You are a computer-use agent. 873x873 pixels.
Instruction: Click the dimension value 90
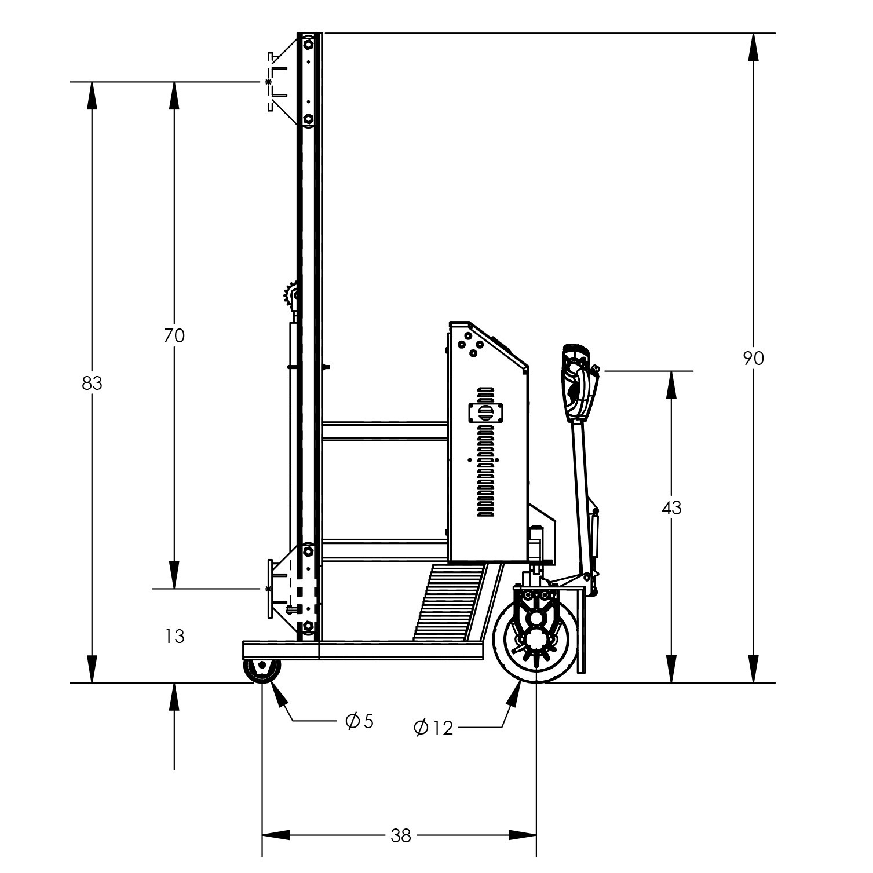[x=754, y=359]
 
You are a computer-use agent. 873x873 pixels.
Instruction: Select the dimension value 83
[x=92, y=383]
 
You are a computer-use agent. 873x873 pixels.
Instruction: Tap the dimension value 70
[x=174, y=335]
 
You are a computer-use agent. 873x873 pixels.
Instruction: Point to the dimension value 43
[x=671, y=507]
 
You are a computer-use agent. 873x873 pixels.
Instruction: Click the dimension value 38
[x=400, y=835]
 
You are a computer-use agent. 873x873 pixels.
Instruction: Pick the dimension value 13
[x=174, y=637]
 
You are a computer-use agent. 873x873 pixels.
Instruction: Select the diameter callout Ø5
[x=360, y=721]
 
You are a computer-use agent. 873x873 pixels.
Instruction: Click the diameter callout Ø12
[x=434, y=728]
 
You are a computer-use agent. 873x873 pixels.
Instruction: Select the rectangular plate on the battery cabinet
[x=485, y=413]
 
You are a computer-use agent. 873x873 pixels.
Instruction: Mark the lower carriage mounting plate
[x=271, y=589]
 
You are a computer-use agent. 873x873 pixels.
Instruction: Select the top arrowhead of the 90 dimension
[x=753, y=46]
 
